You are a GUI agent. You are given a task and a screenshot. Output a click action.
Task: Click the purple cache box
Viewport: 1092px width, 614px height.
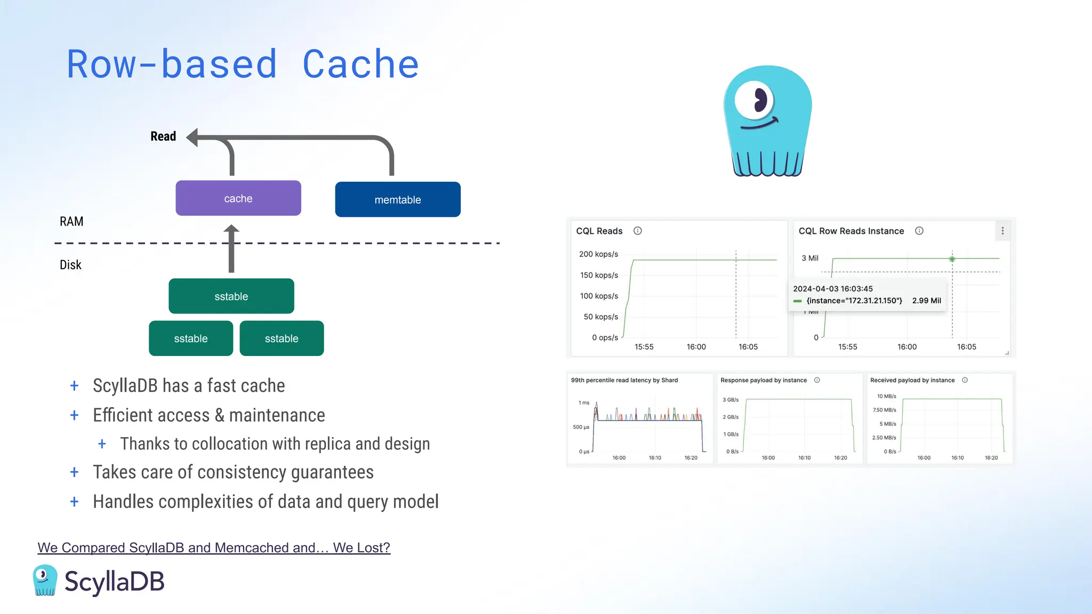(x=238, y=198)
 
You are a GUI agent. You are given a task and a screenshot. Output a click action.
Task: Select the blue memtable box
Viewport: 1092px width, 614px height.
(x=397, y=199)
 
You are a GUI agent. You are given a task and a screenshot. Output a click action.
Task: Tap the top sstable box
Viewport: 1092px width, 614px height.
(x=231, y=296)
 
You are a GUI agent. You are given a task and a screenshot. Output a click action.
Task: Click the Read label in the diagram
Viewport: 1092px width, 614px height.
(x=163, y=136)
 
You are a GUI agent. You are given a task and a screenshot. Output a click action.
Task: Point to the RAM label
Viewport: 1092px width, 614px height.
(x=71, y=222)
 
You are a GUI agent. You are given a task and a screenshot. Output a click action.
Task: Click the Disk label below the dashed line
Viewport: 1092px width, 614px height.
(x=70, y=265)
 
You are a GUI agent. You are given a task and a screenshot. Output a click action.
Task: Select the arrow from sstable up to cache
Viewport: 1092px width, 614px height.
(x=231, y=249)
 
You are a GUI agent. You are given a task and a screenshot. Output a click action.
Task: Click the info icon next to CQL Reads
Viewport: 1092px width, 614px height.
(x=637, y=231)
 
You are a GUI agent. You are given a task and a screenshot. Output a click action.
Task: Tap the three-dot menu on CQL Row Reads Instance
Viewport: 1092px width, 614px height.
(x=1002, y=231)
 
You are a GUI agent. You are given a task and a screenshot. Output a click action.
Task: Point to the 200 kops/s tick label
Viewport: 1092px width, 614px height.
(x=598, y=254)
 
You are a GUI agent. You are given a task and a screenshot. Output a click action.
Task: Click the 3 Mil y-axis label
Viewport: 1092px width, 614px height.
(x=809, y=258)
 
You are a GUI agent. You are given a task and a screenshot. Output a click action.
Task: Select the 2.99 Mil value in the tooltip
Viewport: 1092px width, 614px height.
(x=926, y=301)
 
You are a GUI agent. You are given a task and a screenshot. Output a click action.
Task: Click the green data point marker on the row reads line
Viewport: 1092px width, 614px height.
(x=952, y=259)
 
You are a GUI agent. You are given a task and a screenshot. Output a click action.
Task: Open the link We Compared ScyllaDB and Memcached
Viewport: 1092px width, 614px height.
(x=214, y=547)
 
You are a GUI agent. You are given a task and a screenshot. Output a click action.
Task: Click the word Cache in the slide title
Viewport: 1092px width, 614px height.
(x=360, y=64)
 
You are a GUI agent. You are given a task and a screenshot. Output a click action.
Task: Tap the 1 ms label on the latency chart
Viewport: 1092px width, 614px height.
(x=584, y=403)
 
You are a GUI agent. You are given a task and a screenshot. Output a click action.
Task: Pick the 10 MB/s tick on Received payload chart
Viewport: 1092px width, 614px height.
(x=886, y=397)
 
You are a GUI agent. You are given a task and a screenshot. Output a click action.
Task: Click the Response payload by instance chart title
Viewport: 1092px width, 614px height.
(x=763, y=380)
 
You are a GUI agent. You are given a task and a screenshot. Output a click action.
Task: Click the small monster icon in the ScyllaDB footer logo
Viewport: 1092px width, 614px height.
(x=45, y=580)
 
